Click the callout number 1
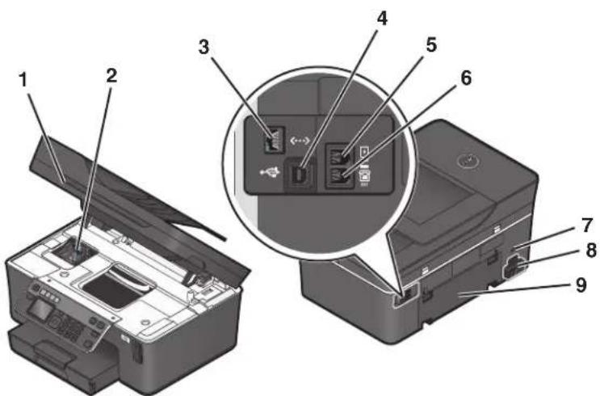(23, 80)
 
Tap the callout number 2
(111, 75)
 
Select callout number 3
(204, 47)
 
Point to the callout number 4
(381, 18)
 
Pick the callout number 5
(431, 44)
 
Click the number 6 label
(466, 78)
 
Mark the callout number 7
(587, 225)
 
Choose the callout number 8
(591, 251)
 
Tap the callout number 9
(581, 285)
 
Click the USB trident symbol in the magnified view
(270, 172)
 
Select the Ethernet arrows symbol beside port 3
(300, 141)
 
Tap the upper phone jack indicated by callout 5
(339, 154)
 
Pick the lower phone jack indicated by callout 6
(339, 176)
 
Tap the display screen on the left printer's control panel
(39, 310)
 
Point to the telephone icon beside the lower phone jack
(363, 177)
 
